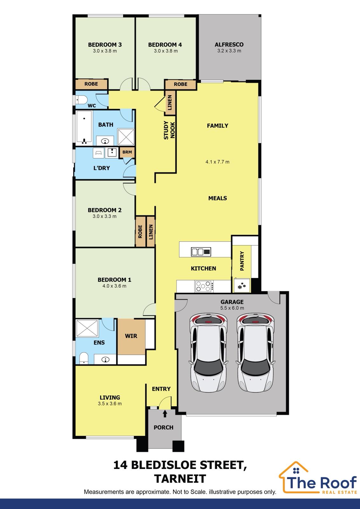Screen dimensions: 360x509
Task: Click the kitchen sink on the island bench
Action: (201, 252)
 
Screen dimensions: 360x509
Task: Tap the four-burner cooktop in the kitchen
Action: (204, 286)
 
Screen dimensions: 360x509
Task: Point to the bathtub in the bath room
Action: (84, 128)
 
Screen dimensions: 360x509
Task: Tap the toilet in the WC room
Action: (81, 100)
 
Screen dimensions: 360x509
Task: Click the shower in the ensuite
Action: (87, 328)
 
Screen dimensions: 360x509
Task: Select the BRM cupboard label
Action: (127, 152)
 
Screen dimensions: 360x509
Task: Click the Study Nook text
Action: (170, 130)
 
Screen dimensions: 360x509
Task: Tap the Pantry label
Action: (242, 261)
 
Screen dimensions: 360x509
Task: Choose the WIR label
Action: (131, 336)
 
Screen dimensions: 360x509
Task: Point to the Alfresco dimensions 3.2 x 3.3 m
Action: (229, 51)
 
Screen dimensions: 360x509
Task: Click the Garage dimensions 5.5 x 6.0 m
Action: (232, 308)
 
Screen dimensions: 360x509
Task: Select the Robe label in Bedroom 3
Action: (91, 84)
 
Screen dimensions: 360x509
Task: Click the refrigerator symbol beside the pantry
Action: (241, 285)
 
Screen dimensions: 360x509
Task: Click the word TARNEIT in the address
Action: (180, 479)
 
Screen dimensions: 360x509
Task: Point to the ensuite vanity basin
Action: (105, 359)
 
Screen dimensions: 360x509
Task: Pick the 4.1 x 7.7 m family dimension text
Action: (217, 162)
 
